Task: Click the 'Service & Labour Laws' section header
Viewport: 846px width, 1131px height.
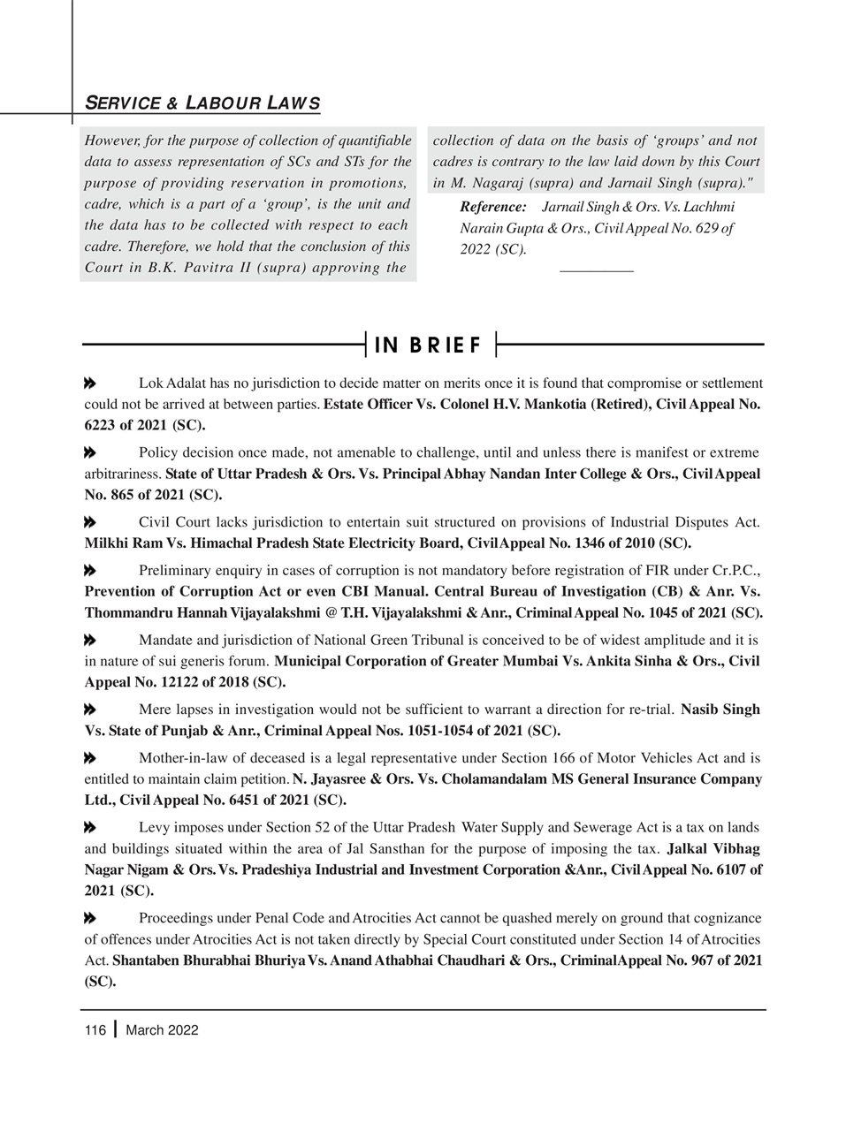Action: [202, 103]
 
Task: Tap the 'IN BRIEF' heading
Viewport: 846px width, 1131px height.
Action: [429, 345]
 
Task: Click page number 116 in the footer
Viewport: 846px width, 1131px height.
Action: [95, 1030]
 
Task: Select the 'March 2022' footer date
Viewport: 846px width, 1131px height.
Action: [162, 1030]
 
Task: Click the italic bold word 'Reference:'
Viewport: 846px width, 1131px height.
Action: [493, 207]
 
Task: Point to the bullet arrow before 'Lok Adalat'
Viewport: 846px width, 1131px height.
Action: [89, 383]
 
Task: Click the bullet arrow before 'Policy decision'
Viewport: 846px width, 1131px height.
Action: [89, 452]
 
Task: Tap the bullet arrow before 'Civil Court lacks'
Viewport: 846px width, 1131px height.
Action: [89, 522]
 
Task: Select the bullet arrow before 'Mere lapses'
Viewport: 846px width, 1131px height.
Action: [89, 710]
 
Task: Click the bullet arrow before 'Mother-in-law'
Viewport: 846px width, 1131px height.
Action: [89, 758]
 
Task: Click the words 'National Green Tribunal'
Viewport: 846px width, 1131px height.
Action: [353, 640]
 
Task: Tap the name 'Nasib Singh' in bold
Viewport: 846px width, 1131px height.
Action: [720, 710]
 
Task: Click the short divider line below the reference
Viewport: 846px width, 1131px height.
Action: [597, 269]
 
